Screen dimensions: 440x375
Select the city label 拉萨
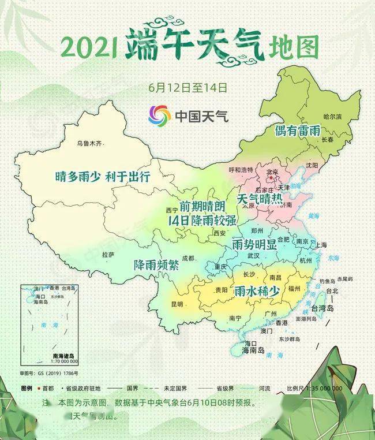[108, 254]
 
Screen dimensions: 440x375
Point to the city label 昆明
[176, 304]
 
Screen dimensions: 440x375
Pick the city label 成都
[188, 258]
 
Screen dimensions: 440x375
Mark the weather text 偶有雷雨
[298, 130]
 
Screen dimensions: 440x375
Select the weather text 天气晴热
[260, 200]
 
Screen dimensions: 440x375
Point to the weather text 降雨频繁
[156, 265]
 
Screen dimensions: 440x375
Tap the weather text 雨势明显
[254, 244]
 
